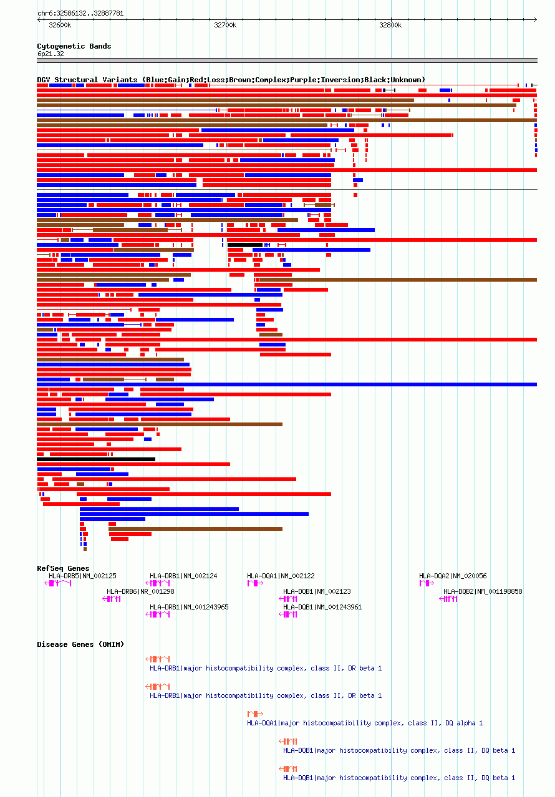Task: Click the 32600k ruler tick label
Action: [60, 25]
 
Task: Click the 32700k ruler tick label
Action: [225, 25]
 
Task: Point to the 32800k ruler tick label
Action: [390, 25]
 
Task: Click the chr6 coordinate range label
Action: [80, 13]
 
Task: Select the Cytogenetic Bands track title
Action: [74, 46]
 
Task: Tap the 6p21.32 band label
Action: [51, 54]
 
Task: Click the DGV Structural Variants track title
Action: [231, 80]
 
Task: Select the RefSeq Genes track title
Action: [63, 568]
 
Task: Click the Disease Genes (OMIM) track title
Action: [73, 644]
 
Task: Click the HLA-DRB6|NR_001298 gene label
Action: [140, 591]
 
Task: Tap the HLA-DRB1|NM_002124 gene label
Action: [183, 576]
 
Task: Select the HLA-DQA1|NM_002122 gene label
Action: [281, 576]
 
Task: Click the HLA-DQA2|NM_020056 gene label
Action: [453, 576]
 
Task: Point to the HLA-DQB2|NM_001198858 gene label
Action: [483, 591]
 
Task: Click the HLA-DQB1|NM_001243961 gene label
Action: [322, 607]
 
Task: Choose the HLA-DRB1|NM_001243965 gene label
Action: [189, 607]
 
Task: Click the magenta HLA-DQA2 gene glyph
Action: [427, 583]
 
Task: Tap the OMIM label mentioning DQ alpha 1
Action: [365, 723]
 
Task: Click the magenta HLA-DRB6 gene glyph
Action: [112, 599]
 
